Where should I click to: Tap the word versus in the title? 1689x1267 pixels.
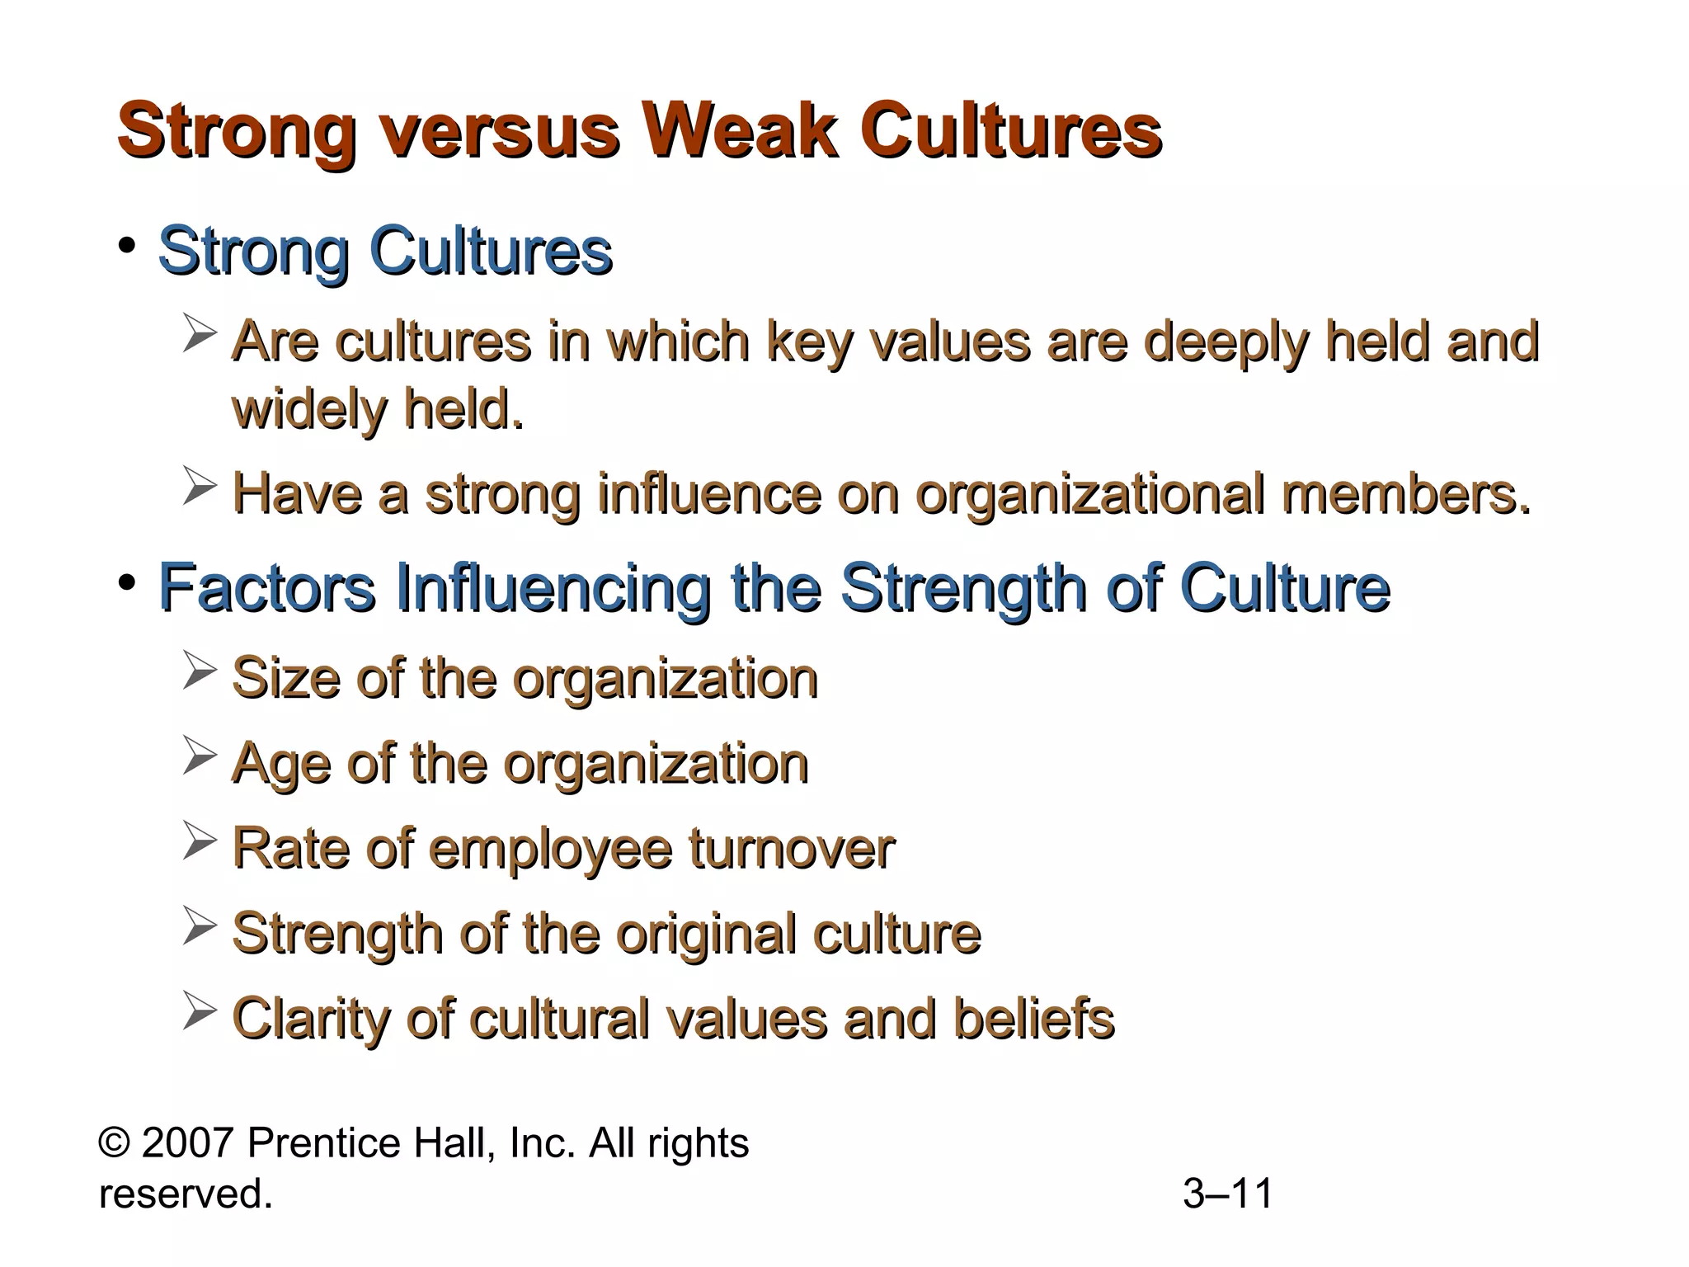pyautogui.click(x=498, y=131)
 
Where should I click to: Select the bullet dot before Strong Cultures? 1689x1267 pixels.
pyautogui.click(x=126, y=246)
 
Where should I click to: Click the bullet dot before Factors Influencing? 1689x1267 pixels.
pyautogui.click(x=126, y=583)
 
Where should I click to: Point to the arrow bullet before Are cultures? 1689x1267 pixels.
pyautogui.click(x=200, y=335)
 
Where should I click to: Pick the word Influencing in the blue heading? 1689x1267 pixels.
pyautogui.click(x=553, y=588)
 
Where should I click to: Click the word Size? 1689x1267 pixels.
pyautogui.click(x=285, y=678)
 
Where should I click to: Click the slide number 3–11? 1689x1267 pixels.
pyautogui.click(x=1228, y=1194)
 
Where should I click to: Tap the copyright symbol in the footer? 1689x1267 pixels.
pyautogui.click(x=114, y=1143)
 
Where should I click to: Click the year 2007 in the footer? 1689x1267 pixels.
pyautogui.click(x=188, y=1143)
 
